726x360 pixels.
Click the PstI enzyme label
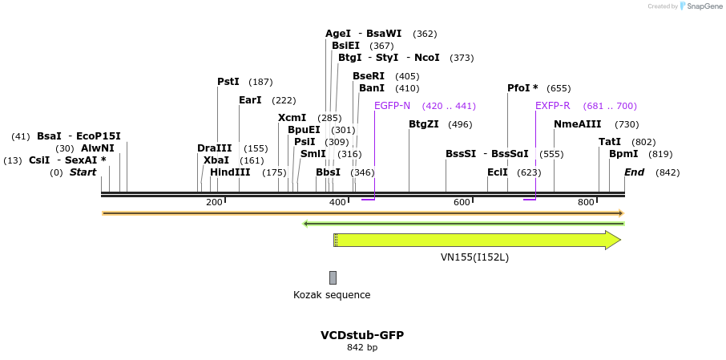[228, 82]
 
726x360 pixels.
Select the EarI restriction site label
[250, 100]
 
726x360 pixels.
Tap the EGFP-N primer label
[392, 106]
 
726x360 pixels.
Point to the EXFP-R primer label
[553, 106]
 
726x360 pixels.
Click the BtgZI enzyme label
[424, 124]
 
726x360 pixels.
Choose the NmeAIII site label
[577, 124]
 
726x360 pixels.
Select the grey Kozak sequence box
[333, 277]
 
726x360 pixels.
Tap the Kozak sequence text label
[332, 295]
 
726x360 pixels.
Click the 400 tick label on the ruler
[338, 202]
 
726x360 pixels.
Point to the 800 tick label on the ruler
[586, 202]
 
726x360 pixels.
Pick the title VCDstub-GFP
[362, 335]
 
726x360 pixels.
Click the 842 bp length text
[362, 348]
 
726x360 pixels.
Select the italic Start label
[83, 172]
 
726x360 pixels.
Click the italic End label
[634, 172]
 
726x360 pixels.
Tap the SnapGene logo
[702, 6]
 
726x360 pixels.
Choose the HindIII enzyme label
[230, 172]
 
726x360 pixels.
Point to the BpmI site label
[623, 154]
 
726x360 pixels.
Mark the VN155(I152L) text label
[474, 257]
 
